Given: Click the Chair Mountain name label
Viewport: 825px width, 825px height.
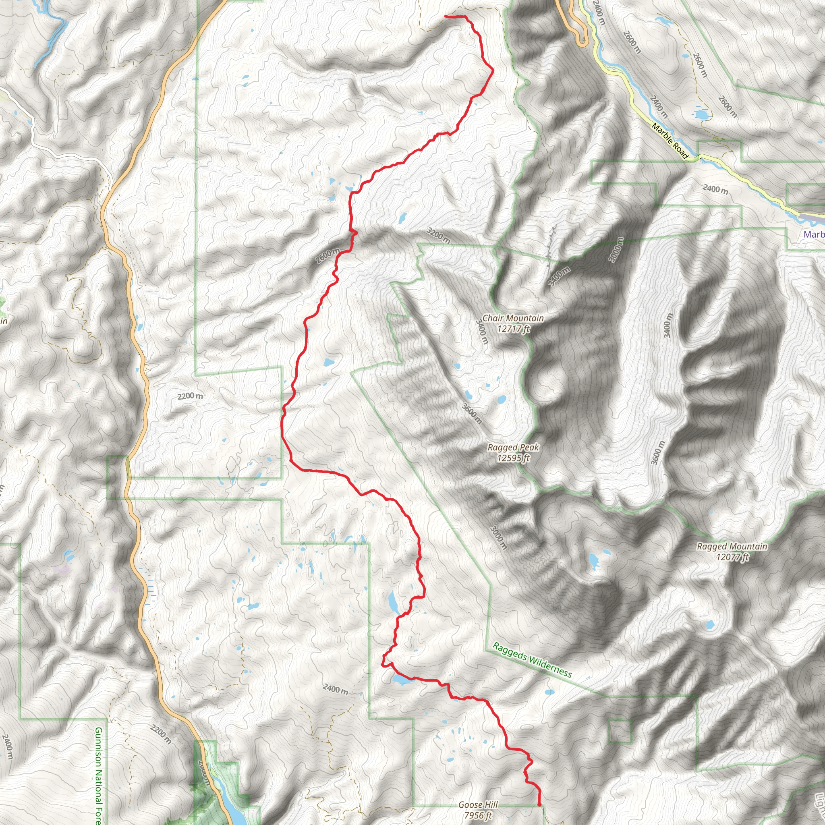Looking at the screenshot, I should click(x=513, y=318).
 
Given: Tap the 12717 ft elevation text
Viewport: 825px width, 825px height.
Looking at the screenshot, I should click(x=513, y=329).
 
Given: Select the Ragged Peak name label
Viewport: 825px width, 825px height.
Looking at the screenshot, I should click(x=513, y=448).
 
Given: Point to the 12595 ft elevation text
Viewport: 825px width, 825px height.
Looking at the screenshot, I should click(x=513, y=458).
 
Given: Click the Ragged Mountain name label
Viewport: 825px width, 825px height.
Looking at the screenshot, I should click(x=732, y=546).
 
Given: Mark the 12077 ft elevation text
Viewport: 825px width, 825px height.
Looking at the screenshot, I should click(x=732, y=557).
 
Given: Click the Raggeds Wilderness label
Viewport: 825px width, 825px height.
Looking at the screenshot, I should click(x=532, y=660).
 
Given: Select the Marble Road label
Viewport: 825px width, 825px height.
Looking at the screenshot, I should click(x=670, y=141).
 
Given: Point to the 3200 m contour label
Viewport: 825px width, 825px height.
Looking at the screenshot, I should click(x=438, y=236).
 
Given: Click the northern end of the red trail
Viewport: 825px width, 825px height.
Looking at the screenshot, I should click(x=446, y=16).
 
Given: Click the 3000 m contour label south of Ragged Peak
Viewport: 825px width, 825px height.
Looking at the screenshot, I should click(x=498, y=537).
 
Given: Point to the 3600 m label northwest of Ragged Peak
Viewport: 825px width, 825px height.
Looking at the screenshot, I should click(x=472, y=413).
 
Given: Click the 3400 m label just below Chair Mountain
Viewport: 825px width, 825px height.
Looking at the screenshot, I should click(x=482, y=332).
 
